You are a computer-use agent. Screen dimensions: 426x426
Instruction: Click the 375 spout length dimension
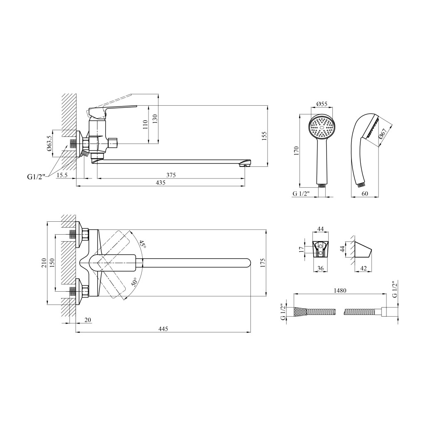[171, 175]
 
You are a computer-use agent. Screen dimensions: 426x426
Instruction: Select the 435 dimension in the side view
[161, 183]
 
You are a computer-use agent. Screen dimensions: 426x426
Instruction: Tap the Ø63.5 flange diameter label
[49, 144]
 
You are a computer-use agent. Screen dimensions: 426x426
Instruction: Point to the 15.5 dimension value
[62, 175]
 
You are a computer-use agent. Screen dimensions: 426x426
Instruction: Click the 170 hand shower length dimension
[296, 151]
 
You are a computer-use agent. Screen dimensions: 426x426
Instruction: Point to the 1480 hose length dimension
[340, 290]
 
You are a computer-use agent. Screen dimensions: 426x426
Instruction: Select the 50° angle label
[135, 282]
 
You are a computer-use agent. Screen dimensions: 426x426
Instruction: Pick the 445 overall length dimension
[163, 329]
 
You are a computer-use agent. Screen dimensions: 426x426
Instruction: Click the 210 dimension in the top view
[44, 263]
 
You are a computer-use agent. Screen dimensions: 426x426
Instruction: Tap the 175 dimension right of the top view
[263, 263]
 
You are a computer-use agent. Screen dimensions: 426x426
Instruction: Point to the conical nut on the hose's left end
[300, 311]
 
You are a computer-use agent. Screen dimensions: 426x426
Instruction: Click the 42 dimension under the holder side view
[363, 268]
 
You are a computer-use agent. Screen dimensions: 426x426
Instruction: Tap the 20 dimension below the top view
[87, 320]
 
